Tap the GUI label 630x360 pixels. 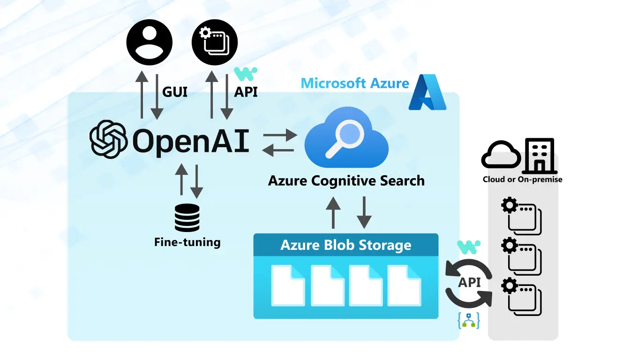coord(175,92)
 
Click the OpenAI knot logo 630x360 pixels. coord(108,139)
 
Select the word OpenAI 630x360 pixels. coord(190,140)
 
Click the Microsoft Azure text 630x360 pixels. coord(355,83)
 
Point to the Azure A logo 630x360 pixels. coord(427,92)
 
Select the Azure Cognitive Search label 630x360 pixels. coord(346,180)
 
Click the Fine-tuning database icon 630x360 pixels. coord(187,217)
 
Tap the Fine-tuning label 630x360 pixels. coord(187,242)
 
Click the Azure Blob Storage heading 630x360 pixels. coord(346,245)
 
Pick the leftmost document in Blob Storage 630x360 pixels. coord(288,285)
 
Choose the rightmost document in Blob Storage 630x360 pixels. coord(404,285)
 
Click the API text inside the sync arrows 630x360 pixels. coord(469,283)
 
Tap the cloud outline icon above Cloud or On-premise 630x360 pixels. coord(501,155)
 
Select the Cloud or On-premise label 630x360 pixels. coord(523,180)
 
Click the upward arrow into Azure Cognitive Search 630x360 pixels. coord(333,212)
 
